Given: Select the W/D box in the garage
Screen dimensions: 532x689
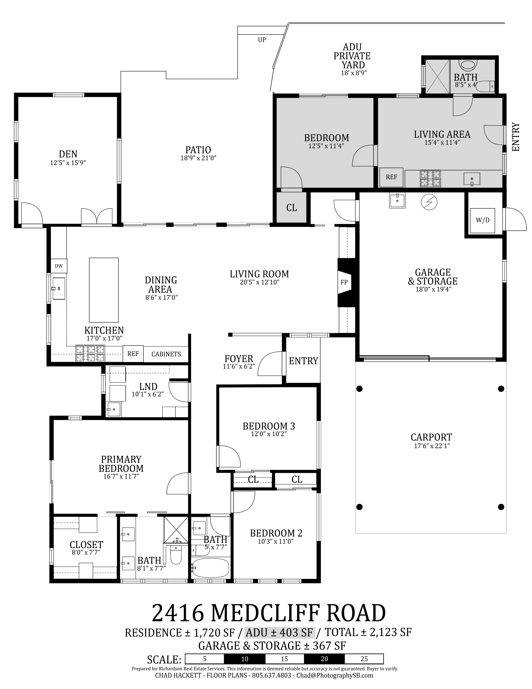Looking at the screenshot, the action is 482,220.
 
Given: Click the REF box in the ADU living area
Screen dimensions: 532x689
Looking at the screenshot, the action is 391,177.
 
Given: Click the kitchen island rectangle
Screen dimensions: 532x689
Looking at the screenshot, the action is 104,289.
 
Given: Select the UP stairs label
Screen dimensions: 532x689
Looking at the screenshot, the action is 262,40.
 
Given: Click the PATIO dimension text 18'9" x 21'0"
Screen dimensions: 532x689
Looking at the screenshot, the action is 198,158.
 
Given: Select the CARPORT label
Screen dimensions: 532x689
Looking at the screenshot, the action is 431,437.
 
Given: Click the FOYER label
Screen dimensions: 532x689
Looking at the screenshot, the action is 239,359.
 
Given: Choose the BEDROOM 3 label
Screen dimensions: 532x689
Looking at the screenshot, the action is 269,426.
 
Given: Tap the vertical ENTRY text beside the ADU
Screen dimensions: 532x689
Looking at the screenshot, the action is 515,137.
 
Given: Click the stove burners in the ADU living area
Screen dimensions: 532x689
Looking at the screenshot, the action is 430,178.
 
